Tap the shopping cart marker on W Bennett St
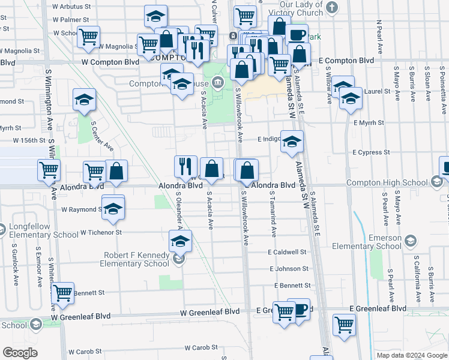coord(62,293)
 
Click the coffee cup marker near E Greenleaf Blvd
coord(299,310)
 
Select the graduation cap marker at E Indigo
coord(292,142)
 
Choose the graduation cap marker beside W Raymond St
coord(112,209)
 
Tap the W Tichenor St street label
coord(101,232)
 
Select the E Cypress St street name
coord(371,152)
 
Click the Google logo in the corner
coord(20,353)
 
